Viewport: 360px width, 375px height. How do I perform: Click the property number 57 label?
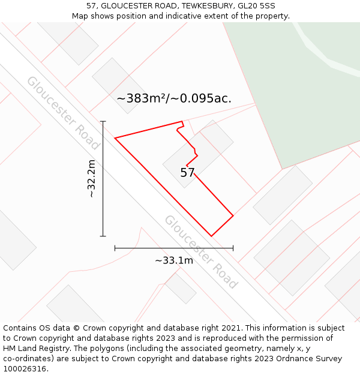188,173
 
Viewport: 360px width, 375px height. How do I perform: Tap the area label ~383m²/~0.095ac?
174,98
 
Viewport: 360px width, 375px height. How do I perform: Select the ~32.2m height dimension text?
91,179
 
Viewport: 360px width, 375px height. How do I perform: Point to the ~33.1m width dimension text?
174,260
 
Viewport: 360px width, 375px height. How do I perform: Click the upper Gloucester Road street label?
62,113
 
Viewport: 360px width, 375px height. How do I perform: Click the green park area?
300,90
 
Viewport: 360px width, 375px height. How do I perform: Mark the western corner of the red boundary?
115,138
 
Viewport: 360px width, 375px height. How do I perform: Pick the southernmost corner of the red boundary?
211,236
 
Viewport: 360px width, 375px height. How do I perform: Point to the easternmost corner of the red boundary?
233,215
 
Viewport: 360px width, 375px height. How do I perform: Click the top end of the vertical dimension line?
103,122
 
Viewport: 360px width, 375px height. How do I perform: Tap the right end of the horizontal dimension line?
233,247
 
